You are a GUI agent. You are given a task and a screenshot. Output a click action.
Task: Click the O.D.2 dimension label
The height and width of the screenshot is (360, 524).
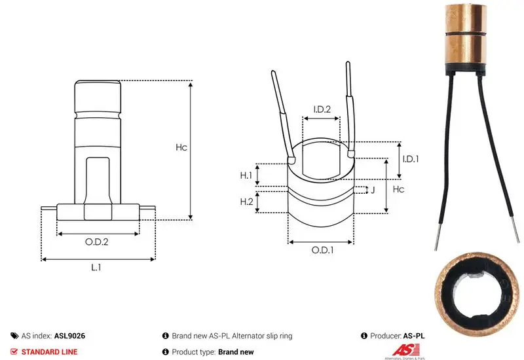coord(96,242)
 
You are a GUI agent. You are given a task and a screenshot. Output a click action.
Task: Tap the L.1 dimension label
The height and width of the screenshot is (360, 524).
coord(96,267)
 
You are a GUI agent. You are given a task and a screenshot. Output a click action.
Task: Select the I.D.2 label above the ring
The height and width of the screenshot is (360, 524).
coord(322,109)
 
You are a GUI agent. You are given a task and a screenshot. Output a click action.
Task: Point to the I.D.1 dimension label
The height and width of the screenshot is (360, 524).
coord(411,159)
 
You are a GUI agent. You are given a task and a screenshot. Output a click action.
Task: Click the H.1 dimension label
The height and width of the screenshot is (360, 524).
coord(246,175)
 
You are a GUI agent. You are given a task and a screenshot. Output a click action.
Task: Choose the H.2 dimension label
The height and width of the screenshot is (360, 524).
coord(246,202)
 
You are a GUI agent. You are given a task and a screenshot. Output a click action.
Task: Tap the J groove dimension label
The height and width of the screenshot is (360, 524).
coord(373,190)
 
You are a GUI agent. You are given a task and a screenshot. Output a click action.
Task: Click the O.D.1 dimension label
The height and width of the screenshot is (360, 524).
coord(322,250)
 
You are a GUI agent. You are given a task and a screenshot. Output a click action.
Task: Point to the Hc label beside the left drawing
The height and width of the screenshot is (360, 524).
coord(181,147)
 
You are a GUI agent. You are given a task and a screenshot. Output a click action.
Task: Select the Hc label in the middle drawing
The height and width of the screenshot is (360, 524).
coord(398,189)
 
